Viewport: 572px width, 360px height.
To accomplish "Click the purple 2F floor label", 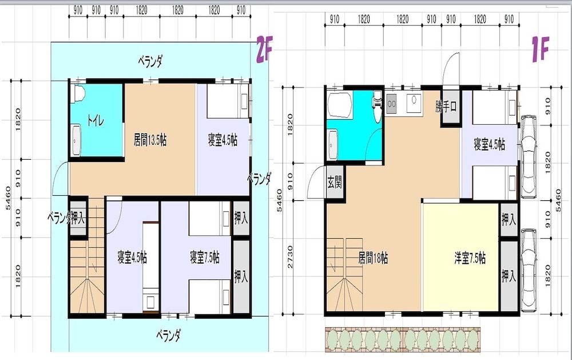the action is click(264, 49).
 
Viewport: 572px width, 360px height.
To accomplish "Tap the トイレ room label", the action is click(95, 120).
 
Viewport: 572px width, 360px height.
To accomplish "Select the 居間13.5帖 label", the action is click(150, 140).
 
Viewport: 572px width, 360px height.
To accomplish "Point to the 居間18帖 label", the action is click(373, 258).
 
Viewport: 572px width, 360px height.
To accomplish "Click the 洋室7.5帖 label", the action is click(470, 258).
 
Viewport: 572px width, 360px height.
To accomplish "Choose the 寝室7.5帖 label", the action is click(205, 258).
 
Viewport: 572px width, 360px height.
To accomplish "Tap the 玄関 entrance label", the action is click(335, 182).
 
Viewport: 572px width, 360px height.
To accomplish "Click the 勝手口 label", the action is click(446, 106).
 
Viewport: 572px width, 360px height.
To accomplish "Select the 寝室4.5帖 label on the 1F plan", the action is click(489, 144).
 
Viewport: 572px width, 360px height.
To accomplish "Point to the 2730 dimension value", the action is click(290, 257).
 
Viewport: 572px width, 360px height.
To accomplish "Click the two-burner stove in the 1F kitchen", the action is click(392, 104).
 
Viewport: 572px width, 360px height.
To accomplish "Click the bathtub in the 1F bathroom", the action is click(340, 105).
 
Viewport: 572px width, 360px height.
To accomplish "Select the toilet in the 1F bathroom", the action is click(377, 106).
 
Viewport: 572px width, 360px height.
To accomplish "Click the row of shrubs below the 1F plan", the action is click(403, 339).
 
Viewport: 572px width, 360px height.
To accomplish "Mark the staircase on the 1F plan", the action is click(344, 275).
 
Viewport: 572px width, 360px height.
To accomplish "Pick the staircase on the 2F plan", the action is click(88, 256).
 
